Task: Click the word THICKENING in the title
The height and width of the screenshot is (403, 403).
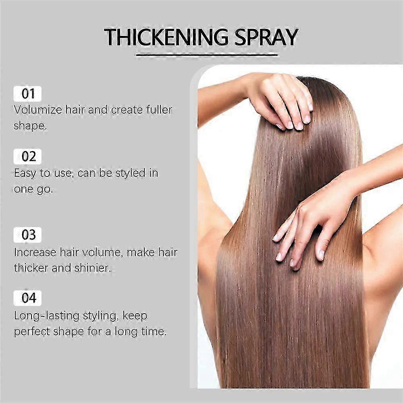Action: point(166,37)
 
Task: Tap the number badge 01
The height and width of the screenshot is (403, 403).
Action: point(27,94)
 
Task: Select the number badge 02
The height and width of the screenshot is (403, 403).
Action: point(27,156)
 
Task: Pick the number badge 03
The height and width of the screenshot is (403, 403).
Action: point(27,235)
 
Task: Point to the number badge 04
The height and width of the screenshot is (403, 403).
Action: point(27,298)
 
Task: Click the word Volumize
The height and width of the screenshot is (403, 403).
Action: point(38,110)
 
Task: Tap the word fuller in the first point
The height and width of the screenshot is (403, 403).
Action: point(159,110)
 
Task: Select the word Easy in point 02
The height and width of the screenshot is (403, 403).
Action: point(25,173)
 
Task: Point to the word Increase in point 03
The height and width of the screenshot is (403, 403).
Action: point(35,252)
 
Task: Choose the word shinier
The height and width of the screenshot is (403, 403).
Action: point(93,268)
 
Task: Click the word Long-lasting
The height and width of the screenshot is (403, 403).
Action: point(46,316)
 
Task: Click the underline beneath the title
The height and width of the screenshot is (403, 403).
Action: point(207,54)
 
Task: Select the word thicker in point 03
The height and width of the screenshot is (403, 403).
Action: point(31,268)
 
